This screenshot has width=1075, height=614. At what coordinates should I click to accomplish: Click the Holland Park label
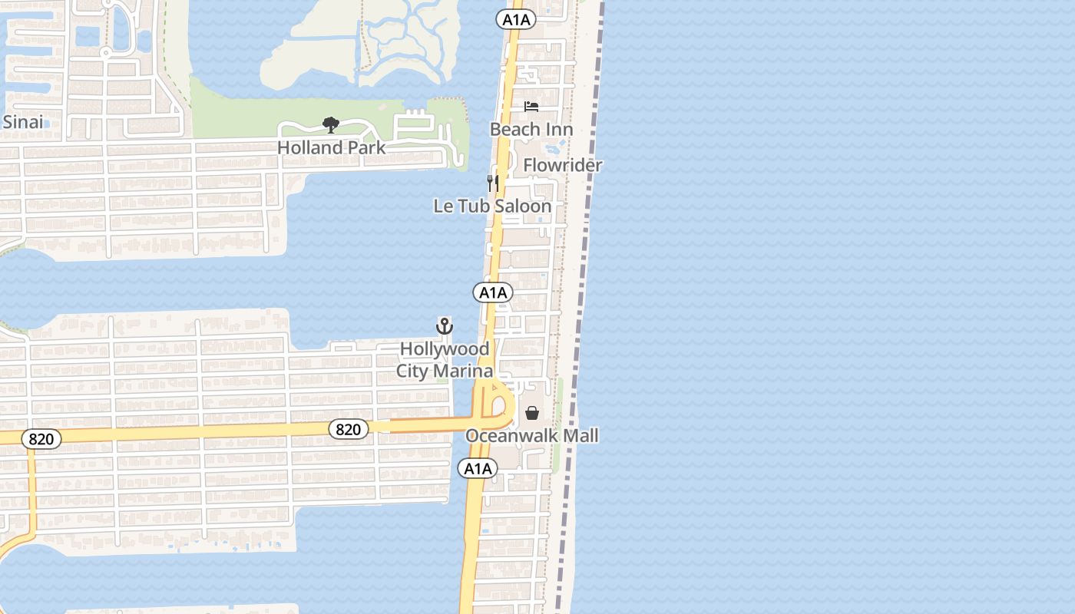(x=331, y=147)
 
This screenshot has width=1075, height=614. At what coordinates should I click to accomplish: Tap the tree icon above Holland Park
(x=331, y=124)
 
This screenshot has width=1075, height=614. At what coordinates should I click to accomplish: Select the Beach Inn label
(x=531, y=129)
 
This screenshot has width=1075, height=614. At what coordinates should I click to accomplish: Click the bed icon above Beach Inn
(x=531, y=107)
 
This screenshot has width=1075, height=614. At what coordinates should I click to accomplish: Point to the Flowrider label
(x=563, y=165)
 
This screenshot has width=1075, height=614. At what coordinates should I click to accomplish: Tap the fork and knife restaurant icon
(x=493, y=183)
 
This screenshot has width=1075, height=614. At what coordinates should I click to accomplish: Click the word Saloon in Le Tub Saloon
(x=522, y=206)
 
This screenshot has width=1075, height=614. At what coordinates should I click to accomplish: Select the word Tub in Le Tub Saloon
(x=475, y=206)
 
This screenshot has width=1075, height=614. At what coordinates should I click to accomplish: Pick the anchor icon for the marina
(x=445, y=327)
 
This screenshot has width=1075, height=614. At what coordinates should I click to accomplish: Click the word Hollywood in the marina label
(x=445, y=349)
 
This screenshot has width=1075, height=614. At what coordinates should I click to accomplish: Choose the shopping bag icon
(x=532, y=414)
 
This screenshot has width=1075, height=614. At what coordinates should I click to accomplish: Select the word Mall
(x=581, y=436)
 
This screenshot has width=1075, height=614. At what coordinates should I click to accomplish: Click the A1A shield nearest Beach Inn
(x=516, y=20)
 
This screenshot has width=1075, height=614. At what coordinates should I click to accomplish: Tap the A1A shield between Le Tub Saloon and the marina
(x=492, y=292)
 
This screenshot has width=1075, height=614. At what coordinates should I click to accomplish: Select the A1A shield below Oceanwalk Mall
(x=478, y=468)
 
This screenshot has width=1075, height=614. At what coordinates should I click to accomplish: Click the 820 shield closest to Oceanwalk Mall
(x=348, y=429)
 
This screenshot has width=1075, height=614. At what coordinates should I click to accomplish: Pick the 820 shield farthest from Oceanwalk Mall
(x=41, y=439)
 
